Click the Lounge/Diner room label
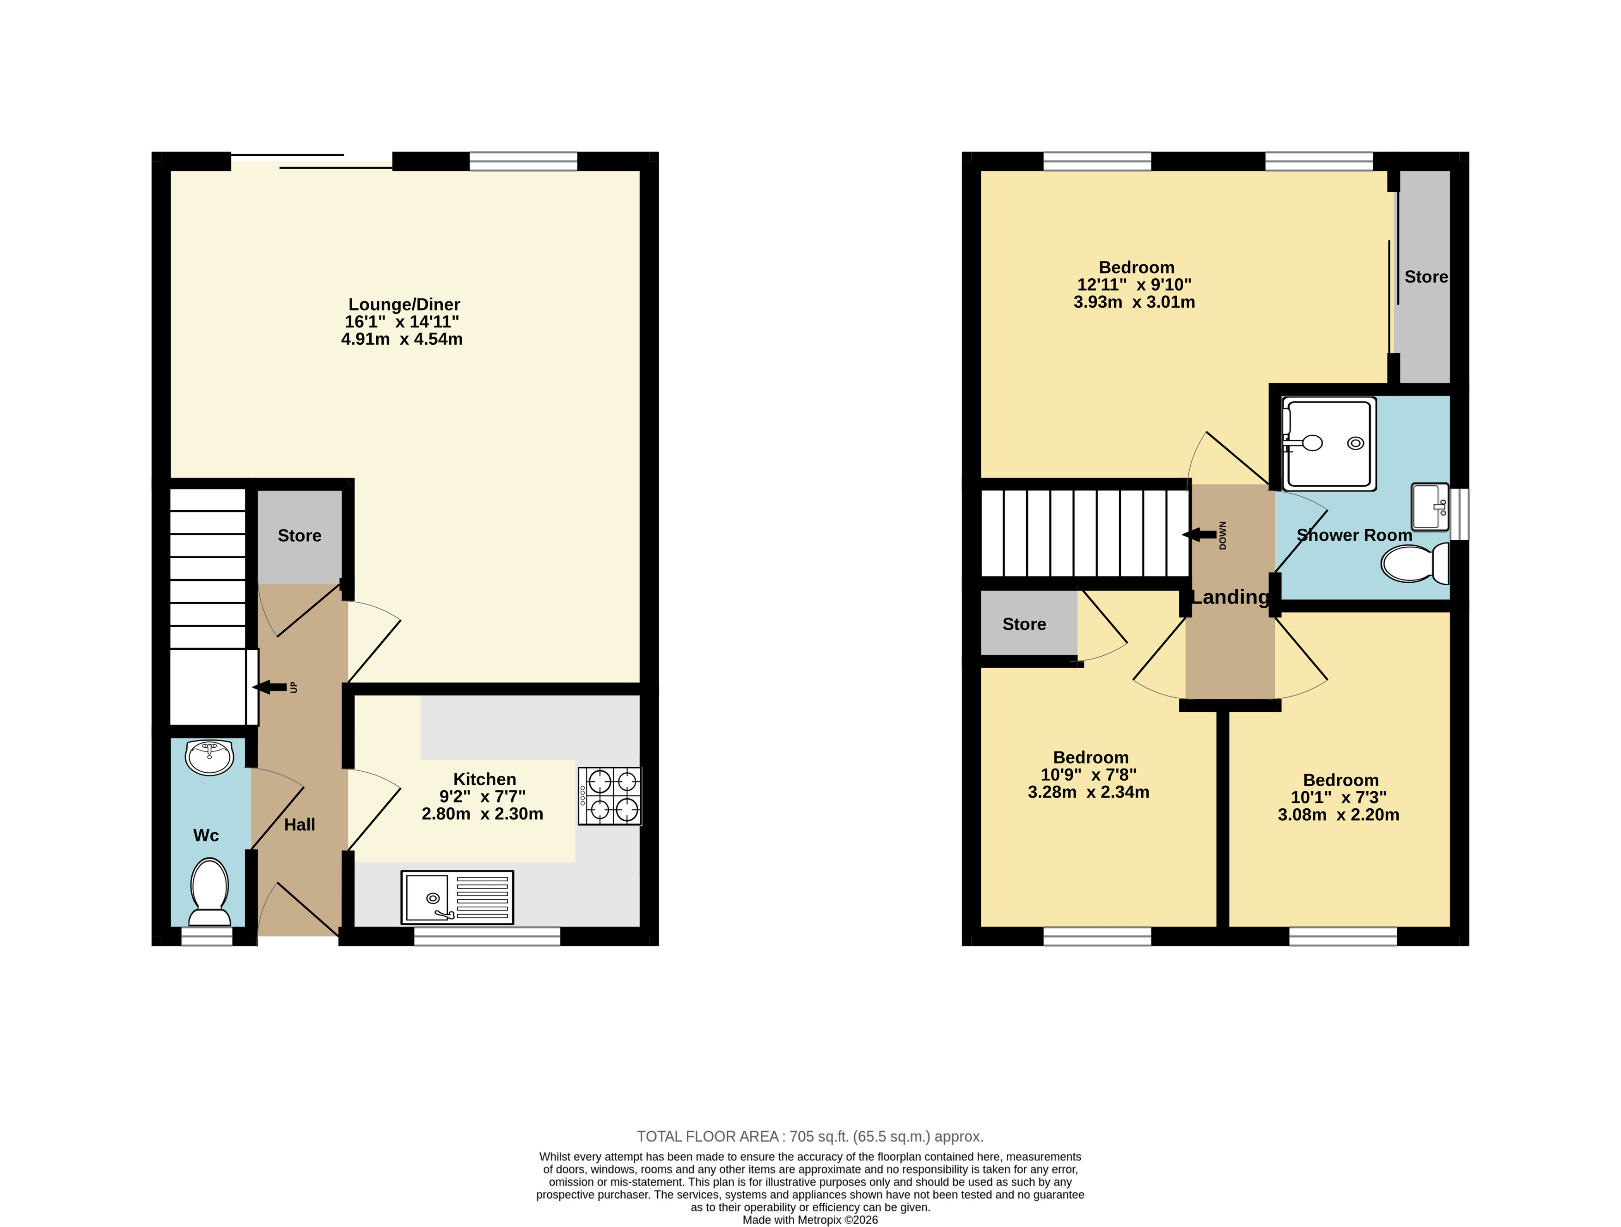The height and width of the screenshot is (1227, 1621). [x=404, y=304]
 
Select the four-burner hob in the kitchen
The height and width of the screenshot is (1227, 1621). [x=610, y=796]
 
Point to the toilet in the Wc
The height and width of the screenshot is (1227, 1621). [x=209, y=893]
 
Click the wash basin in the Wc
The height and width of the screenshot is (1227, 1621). [x=209, y=757]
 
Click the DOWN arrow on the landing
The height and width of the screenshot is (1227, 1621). [x=1199, y=535]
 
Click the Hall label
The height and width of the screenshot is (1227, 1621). [x=300, y=825]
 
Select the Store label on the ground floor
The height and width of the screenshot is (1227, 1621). [x=300, y=536]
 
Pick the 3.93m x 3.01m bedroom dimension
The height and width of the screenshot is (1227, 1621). [x=1134, y=302]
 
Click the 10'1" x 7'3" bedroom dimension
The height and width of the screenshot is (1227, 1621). [x=1339, y=797]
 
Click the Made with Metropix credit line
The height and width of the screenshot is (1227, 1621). [x=811, y=1220]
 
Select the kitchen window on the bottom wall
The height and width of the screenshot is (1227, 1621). [x=487, y=936]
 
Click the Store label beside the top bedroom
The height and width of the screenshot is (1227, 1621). [x=1426, y=277]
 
